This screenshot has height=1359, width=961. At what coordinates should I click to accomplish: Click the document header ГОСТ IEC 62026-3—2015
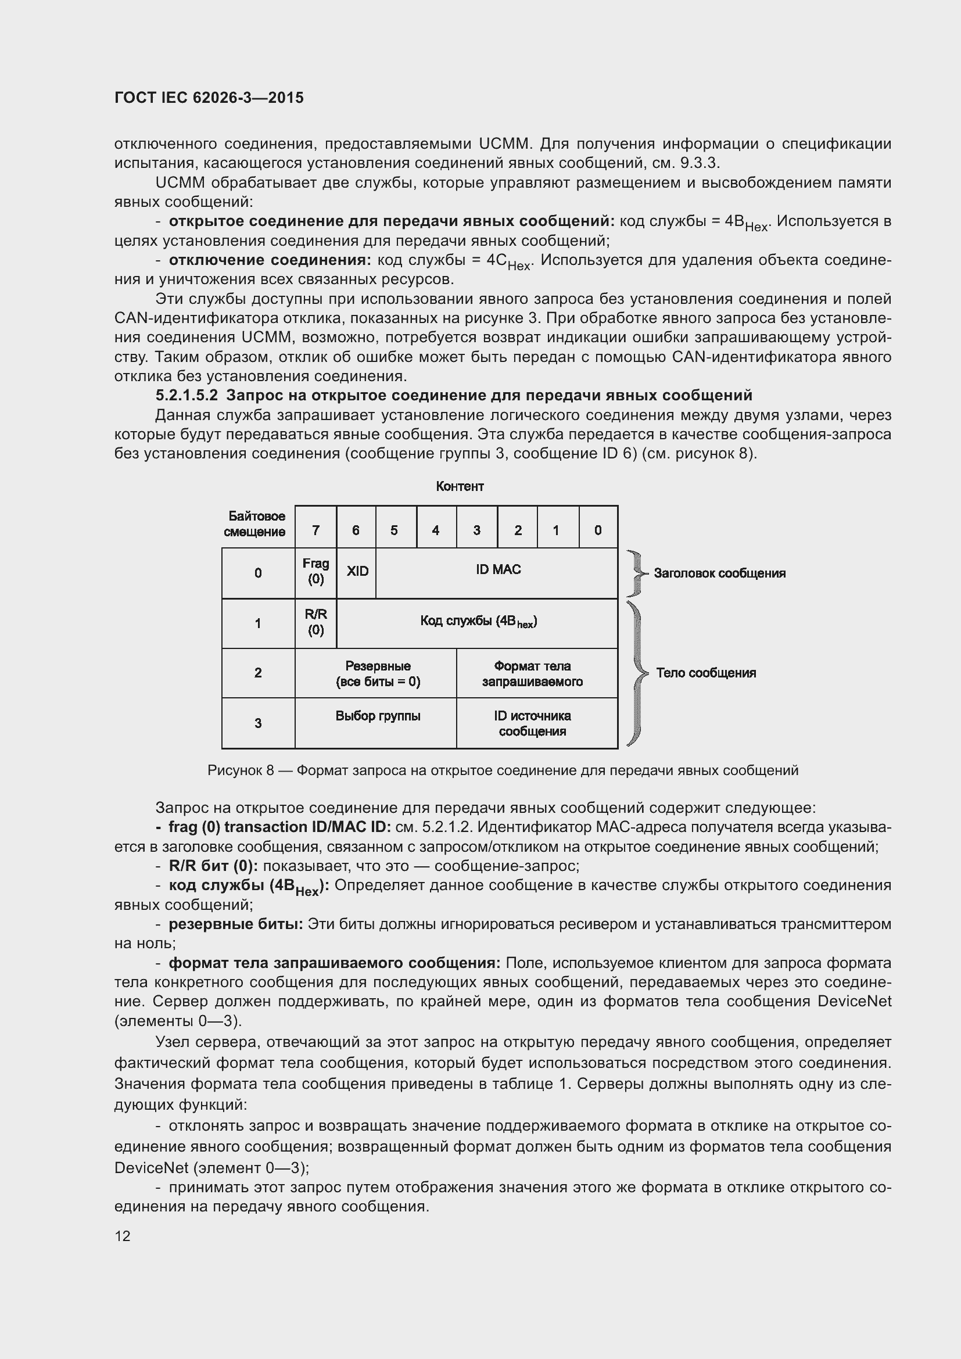209,98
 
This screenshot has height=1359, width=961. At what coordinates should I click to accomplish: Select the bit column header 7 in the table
315,530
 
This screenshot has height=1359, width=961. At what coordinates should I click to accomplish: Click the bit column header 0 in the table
598,530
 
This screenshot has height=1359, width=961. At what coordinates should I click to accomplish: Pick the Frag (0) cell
315,571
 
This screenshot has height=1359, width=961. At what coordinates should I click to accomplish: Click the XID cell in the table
357,571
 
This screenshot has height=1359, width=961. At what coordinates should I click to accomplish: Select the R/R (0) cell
315,622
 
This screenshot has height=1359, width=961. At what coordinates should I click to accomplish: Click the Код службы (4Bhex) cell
478,621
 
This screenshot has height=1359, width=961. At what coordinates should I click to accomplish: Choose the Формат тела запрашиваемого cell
532,673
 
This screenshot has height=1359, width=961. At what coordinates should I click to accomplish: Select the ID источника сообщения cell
532,723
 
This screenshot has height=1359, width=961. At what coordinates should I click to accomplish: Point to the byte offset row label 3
258,723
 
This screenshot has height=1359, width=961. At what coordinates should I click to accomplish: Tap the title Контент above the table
460,486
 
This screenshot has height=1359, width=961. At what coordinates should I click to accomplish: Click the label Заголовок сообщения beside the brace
719,573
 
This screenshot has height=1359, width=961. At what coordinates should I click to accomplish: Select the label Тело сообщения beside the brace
705,673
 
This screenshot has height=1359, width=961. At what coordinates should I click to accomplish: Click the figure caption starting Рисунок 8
503,770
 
